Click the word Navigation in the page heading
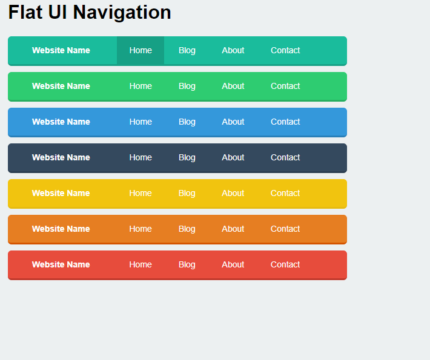(x=122, y=13)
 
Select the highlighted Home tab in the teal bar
(x=141, y=50)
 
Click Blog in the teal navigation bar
(x=187, y=50)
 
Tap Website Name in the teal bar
(x=61, y=50)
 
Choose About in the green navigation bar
(x=233, y=86)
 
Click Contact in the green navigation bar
(x=285, y=86)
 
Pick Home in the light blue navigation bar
(x=141, y=122)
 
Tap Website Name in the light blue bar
(x=61, y=122)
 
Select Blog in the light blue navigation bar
(x=187, y=122)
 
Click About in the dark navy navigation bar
(x=233, y=157)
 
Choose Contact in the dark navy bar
(x=285, y=157)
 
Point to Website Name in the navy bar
(x=61, y=157)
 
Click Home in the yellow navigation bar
(x=141, y=193)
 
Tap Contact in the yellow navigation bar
(x=285, y=193)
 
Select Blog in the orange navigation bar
(x=187, y=229)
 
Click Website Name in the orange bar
(x=61, y=229)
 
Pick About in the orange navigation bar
(x=233, y=229)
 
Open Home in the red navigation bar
(x=141, y=264)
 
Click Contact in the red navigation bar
(x=285, y=264)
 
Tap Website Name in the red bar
(x=61, y=264)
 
